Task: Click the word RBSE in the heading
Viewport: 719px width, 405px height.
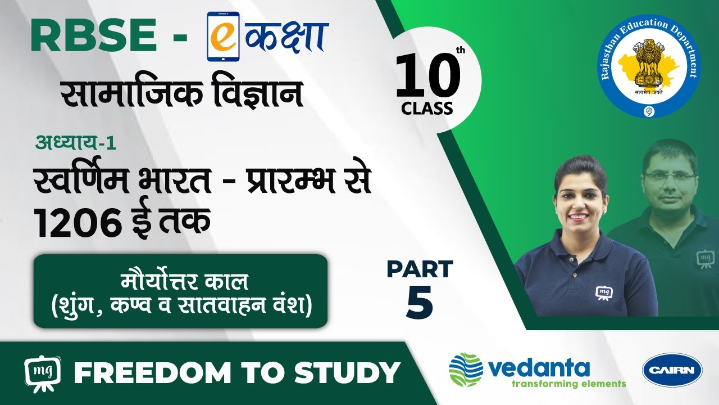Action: pyautogui.click(x=94, y=35)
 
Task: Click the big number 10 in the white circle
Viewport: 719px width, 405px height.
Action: pyautogui.click(x=427, y=76)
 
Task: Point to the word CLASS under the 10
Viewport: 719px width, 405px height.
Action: pyautogui.click(x=427, y=109)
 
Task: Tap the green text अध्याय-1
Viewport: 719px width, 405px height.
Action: pyautogui.click(x=75, y=142)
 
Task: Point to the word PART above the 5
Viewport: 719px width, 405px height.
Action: pyautogui.click(x=420, y=269)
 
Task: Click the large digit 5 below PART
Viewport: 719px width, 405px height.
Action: pyautogui.click(x=420, y=301)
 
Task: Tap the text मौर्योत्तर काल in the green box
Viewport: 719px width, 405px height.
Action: pyautogui.click(x=185, y=281)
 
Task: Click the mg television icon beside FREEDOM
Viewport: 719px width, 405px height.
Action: pyautogui.click(x=42, y=373)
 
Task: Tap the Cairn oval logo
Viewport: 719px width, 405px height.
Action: pyautogui.click(x=672, y=370)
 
